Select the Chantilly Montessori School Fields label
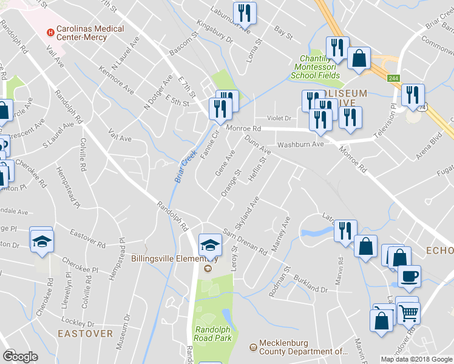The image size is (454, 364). coord(317,67)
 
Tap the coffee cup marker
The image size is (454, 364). coord(408,276)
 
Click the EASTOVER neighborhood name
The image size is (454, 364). coord(86,334)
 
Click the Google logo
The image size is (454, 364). coord(20,356)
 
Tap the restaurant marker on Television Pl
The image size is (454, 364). coord(413,95)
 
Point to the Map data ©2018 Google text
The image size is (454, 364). coord(416,359)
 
